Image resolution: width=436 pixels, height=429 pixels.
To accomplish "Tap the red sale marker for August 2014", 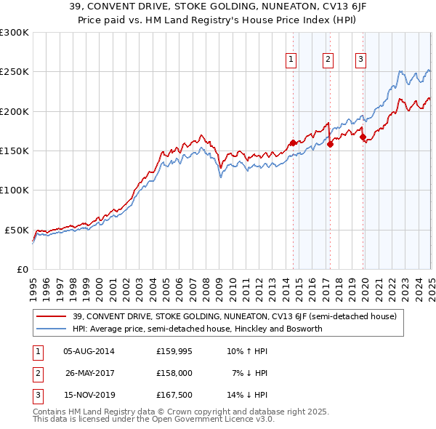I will coord(294,143).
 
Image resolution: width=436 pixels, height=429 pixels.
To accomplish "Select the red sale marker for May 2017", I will coord(330,144).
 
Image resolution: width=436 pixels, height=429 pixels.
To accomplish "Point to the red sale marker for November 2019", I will coord(363,137).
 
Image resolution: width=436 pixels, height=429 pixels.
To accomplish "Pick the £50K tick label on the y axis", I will coord(17,230).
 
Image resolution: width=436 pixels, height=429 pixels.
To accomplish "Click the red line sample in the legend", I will coord(52,317).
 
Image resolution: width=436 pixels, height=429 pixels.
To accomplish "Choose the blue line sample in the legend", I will coord(52,329).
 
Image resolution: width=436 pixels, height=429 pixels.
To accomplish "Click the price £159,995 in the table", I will coord(174,351).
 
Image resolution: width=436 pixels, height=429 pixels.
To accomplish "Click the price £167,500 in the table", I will coord(174,395).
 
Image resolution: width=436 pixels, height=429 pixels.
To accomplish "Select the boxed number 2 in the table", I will coord(38,373).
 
